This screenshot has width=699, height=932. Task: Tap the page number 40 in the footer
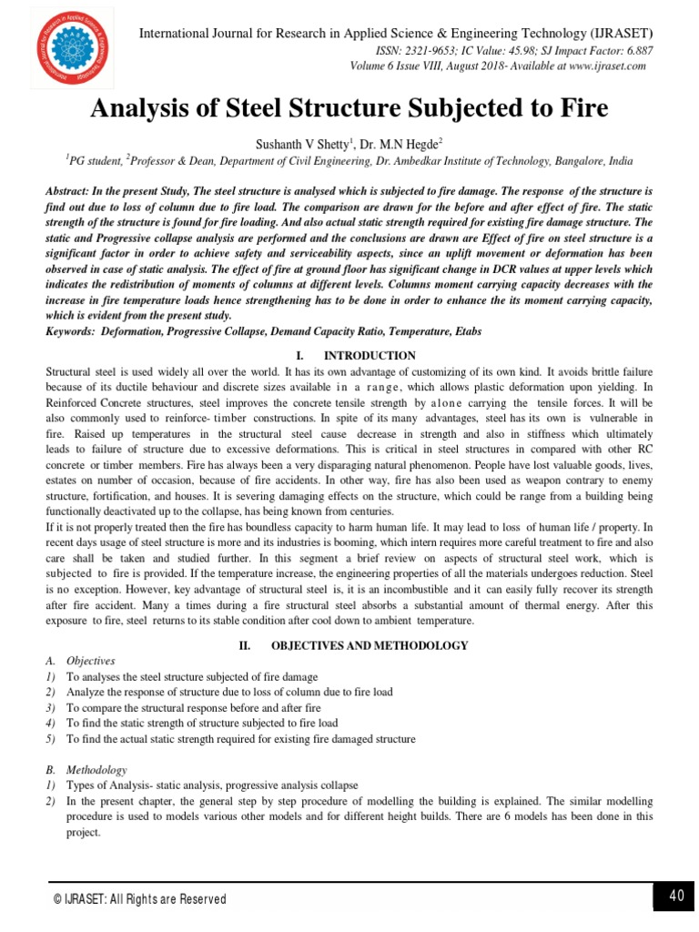675,897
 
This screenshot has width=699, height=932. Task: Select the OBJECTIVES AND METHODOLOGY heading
369,645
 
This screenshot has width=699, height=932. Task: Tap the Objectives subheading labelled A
94,662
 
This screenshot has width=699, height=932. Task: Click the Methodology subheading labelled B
97,770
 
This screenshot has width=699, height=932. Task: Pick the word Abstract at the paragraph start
71,193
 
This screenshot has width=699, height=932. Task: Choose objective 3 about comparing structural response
194,707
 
